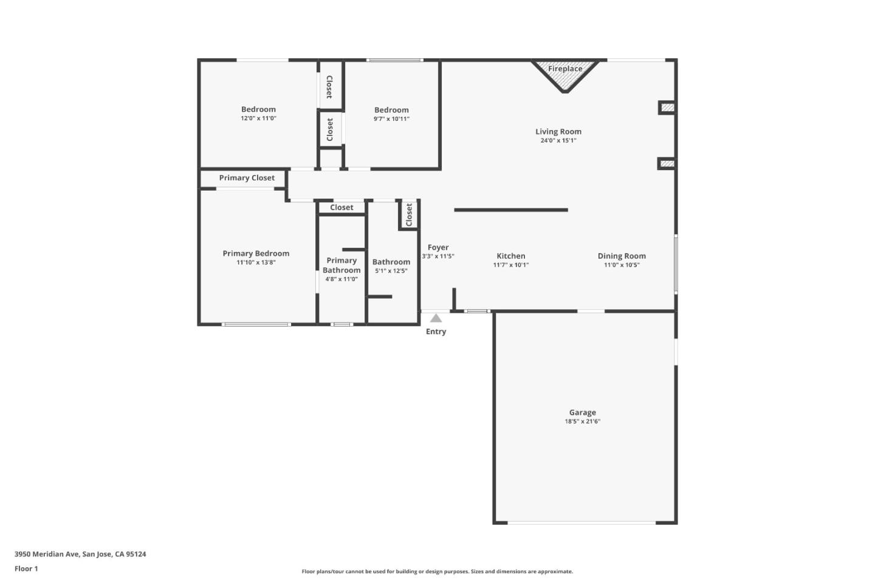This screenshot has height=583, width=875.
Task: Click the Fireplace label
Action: (565, 69)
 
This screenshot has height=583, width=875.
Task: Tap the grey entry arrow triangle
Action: (436, 318)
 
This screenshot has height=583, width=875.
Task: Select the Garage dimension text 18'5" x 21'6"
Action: (582, 421)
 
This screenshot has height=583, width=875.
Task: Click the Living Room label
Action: (558, 132)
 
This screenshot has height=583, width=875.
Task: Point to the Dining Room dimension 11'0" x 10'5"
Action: (622, 265)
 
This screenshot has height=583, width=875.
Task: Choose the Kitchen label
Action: (510, 256)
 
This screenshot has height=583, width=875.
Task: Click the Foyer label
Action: (438, 248)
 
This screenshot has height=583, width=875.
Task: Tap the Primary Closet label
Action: (247, 178)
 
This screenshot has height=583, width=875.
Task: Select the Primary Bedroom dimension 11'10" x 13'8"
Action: (256, 262)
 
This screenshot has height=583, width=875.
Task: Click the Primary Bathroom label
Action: (341, 265)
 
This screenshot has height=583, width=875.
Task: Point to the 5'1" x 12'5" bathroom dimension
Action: (391, 271)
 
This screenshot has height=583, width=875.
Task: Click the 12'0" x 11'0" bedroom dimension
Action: (258, 118)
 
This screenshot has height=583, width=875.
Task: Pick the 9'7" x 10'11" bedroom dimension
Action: (391, 119)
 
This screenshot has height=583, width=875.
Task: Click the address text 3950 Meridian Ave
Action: (80, 554)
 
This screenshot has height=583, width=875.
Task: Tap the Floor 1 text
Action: (26, 569)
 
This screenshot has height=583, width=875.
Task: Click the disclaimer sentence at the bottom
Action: (437, 571)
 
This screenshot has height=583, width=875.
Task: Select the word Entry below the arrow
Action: (436, 332)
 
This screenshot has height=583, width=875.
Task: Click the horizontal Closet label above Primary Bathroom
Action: (341, 208)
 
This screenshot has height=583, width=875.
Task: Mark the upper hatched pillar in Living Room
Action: (667, 108)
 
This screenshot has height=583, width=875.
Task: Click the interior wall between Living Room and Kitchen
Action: (510, 210)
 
